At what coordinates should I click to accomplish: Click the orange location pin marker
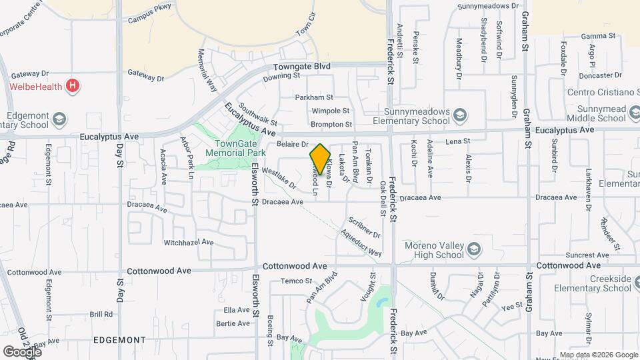[x=321, y=160]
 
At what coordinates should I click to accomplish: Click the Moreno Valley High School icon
[x=474, y=249]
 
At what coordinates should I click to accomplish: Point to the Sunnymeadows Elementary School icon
[x=459, y=116]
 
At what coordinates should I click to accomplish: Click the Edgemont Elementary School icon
[x=59, y=119]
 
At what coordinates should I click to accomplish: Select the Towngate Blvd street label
[x=303, y=67]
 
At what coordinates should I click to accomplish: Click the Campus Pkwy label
[x=145, y=20]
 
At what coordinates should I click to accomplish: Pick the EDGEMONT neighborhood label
[x=119, y=339]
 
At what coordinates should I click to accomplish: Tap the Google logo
[x=22, y=351]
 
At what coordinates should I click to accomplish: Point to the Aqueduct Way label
[x=360, y=243]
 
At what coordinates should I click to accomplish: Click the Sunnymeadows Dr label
[x=487, y=6]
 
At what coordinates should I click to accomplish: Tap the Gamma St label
[x=596, y=36]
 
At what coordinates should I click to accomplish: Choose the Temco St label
[x=296, y=281]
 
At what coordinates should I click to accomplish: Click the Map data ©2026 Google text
[x=598, y=355]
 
